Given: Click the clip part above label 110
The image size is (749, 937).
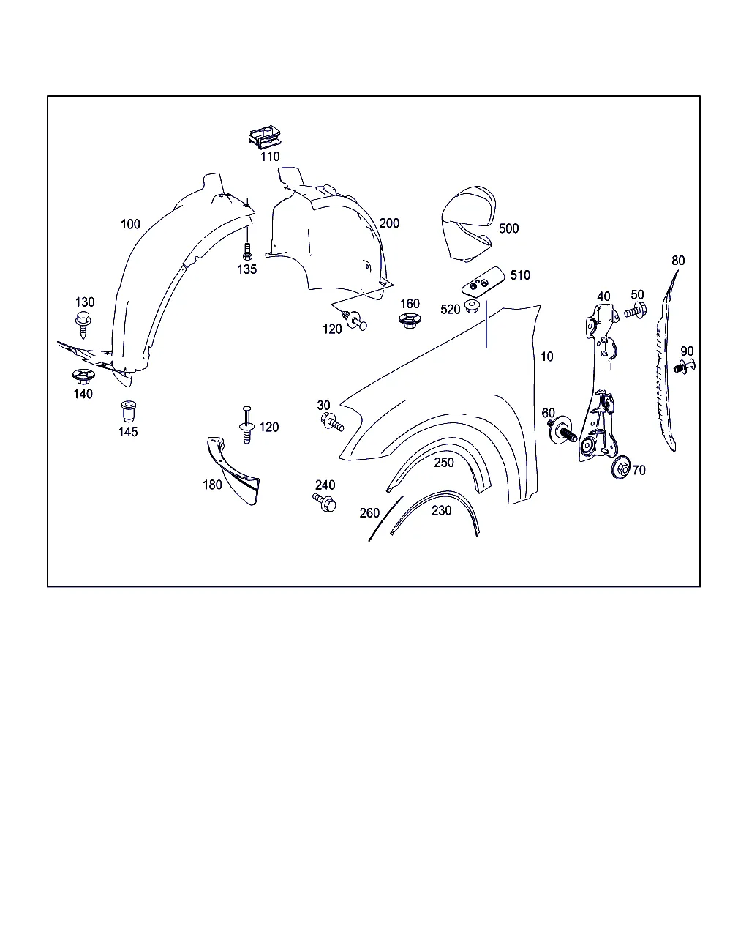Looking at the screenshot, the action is coord(265,137).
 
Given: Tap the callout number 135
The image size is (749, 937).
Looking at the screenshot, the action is coord(246,269).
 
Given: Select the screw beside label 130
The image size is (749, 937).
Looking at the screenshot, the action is coord(83,324).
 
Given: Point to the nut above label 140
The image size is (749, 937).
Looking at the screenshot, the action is coord(83,376).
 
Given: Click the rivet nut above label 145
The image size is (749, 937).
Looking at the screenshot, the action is coord(128,411).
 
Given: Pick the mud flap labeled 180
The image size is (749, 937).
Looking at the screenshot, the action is coord(234,471).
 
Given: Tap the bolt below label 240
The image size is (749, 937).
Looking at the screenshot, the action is coord(324,502).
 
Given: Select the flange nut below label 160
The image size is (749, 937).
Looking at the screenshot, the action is coord(410,321).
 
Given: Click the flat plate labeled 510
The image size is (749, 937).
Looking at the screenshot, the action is coord(483,281).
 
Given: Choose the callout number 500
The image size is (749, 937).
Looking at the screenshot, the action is coord(508,228).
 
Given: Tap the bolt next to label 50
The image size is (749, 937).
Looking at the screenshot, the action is coord(636,311).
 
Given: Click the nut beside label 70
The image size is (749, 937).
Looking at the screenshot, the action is coord(621,468).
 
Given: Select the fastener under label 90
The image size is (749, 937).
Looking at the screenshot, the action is coord(685,367).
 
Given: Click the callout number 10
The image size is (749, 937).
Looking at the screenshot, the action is coord(546,356).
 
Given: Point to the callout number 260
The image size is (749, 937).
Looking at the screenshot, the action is coord(369,513).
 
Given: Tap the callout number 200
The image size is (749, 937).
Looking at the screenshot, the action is coord(389,223).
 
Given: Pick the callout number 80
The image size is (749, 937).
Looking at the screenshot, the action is coord(678,261).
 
